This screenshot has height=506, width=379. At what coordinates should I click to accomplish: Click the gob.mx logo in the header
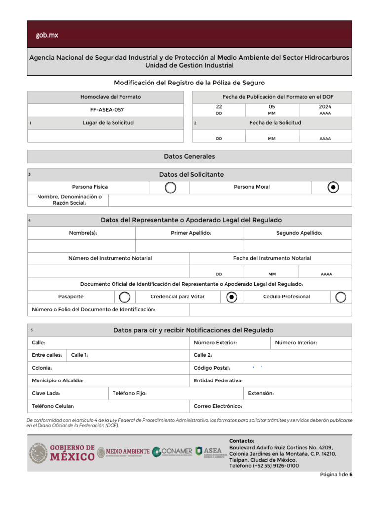(x=46, y=35)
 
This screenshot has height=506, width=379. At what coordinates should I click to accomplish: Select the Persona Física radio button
(x=170, y=187)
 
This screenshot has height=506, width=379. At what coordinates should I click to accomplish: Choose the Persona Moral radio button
(x=334, y=187)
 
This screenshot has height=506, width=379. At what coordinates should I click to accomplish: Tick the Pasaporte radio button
(x=125, y=296)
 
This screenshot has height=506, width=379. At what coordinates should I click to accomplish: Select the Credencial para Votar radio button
(x=232, y=296)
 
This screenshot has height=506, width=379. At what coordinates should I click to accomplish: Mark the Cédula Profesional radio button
(x=341, y=296)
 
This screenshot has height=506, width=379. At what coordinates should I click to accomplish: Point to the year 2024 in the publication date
(x=325, y=107)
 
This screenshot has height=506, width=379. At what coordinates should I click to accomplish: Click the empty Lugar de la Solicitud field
(x=105, y=136)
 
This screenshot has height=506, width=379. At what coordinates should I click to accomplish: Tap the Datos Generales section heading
(x=189, y=156)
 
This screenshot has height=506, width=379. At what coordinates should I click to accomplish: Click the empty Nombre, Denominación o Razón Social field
(x=229, y=200)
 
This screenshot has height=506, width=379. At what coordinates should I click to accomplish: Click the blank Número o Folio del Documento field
(x=270, y=309)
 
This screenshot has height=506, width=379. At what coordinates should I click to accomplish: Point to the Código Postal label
(x=212, y=368)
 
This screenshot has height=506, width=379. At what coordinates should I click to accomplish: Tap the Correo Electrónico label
(x=218, y=406)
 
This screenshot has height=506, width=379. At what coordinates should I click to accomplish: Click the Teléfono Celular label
(x=53, y=406)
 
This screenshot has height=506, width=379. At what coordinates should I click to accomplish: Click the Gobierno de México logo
(x=62, y=452)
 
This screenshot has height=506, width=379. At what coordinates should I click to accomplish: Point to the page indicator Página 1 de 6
(x=336, y=475)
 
